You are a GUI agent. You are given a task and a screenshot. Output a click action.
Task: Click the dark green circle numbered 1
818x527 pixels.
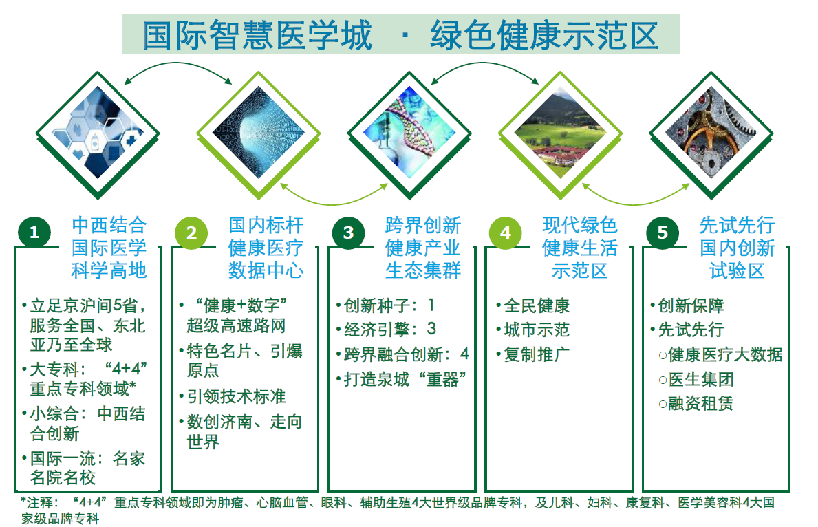point(34,232)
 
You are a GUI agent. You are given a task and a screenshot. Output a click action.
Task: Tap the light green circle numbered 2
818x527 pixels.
point(191,233)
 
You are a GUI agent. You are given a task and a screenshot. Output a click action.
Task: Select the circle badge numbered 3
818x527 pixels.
point(349,233)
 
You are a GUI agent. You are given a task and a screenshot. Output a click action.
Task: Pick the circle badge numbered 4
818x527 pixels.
point(506,233)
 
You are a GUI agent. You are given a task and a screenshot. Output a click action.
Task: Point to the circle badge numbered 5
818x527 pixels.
point(663,233)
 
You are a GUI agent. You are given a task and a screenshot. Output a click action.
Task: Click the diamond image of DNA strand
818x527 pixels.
point(409,135)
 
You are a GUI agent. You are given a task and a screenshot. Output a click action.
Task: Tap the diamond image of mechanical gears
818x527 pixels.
point(711,135)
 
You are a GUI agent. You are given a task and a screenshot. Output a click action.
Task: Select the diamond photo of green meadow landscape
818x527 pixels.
point(560,135)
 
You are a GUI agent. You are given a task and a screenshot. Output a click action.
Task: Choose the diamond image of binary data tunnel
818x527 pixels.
point(258,135)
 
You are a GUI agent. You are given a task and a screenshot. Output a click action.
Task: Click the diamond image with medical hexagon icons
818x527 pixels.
point(98,135)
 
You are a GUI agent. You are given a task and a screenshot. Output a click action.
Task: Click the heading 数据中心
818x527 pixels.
point(266,270)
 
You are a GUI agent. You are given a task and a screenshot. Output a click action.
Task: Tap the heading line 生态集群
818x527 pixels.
point(423,270)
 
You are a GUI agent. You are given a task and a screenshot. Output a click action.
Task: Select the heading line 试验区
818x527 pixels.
point(737,270)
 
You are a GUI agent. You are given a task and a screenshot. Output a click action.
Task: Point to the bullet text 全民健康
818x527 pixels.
point(537,305)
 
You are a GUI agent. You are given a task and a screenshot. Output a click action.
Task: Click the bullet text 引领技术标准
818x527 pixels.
point(237,396)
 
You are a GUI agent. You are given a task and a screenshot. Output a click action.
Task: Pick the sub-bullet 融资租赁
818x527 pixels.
point(700,402)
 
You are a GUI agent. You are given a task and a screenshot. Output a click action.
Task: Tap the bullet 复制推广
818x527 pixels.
point(537,354)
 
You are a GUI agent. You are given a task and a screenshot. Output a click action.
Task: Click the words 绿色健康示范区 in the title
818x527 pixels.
point(544,36)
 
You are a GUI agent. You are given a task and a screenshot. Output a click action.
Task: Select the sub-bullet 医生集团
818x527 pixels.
point(700,379)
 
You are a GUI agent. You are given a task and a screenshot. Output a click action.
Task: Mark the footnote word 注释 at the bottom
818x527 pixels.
point(40,502)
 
